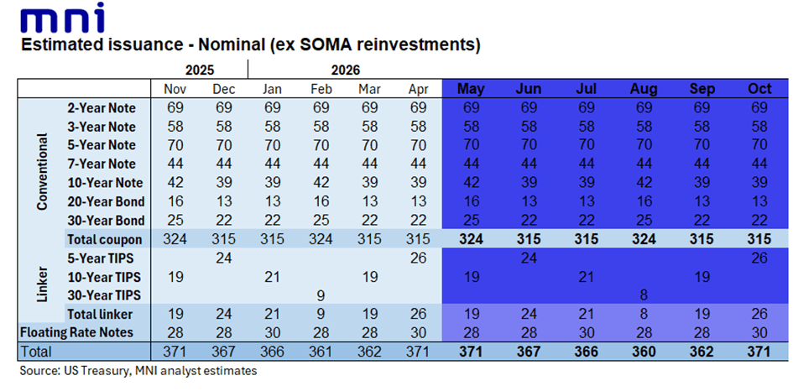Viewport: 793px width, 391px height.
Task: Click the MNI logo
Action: tap(63, 18)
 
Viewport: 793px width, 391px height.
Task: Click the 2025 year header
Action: tap(200, 70)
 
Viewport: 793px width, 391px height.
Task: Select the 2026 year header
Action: tap(346, 70)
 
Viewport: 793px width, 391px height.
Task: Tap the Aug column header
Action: tap(644, 89)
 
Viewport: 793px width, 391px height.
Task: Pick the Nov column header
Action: tap(175, 90)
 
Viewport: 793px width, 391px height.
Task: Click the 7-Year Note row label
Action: tap(102, 164)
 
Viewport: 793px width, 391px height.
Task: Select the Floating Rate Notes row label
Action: tap(76, 332)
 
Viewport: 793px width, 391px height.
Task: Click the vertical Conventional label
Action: tap(42, 173)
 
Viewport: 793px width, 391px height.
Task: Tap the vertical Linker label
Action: tap(42, 285)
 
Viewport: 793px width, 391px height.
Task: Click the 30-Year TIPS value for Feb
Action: tap(321, 295)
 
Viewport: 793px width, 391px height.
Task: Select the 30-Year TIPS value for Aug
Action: tap(644, 295)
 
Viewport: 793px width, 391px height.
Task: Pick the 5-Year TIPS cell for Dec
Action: tap(223, 258)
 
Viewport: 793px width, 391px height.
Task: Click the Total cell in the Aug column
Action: tap(644, 352)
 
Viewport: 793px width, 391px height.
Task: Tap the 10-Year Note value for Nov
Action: tap(175, 183)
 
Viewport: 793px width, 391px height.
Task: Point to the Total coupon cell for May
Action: tap(470, 239)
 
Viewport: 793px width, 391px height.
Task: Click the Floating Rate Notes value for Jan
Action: tap(273, 332)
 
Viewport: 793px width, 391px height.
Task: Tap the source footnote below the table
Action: tap(138, 371)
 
